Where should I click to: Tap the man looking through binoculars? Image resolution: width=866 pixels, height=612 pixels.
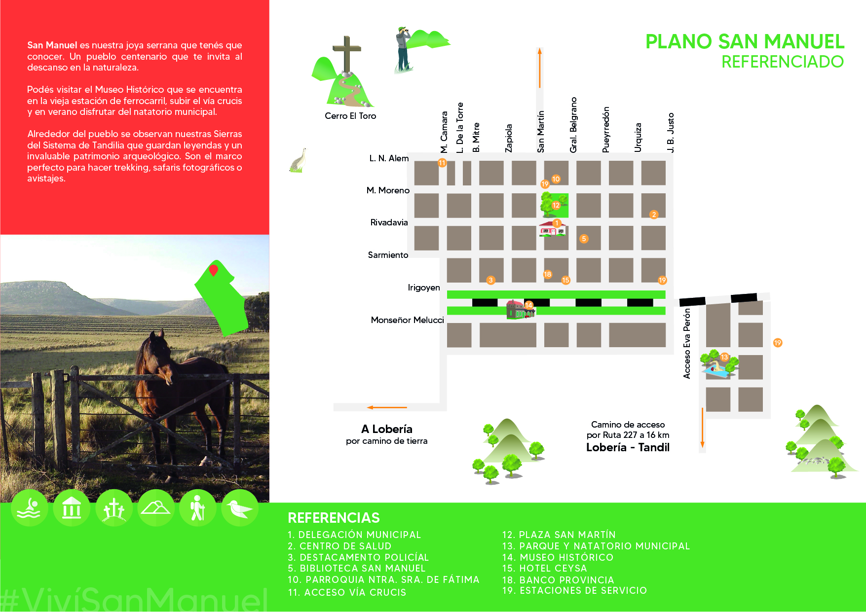404,49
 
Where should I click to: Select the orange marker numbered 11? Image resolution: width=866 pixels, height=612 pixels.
442,163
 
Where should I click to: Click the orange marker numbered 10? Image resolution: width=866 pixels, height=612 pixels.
556,179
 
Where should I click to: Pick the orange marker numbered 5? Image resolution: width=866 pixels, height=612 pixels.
584,239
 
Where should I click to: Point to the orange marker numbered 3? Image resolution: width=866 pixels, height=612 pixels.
490,280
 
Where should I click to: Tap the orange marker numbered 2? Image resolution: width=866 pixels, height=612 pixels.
654,215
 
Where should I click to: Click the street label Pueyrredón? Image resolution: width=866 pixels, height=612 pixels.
606,130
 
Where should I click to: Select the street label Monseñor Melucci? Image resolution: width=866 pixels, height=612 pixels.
408,320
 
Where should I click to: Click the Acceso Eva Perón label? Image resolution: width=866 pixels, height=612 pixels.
687,344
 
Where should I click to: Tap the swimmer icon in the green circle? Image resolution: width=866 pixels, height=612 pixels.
29,508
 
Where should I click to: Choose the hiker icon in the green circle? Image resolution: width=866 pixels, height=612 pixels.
198,508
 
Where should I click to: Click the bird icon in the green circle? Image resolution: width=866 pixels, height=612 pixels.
240,508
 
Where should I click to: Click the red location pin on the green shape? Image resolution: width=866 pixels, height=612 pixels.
214,270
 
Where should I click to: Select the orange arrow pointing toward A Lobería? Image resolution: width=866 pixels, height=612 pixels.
387,407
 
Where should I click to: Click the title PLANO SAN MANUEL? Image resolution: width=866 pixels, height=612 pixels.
745,42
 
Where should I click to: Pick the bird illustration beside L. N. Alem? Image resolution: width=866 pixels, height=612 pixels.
299,160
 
